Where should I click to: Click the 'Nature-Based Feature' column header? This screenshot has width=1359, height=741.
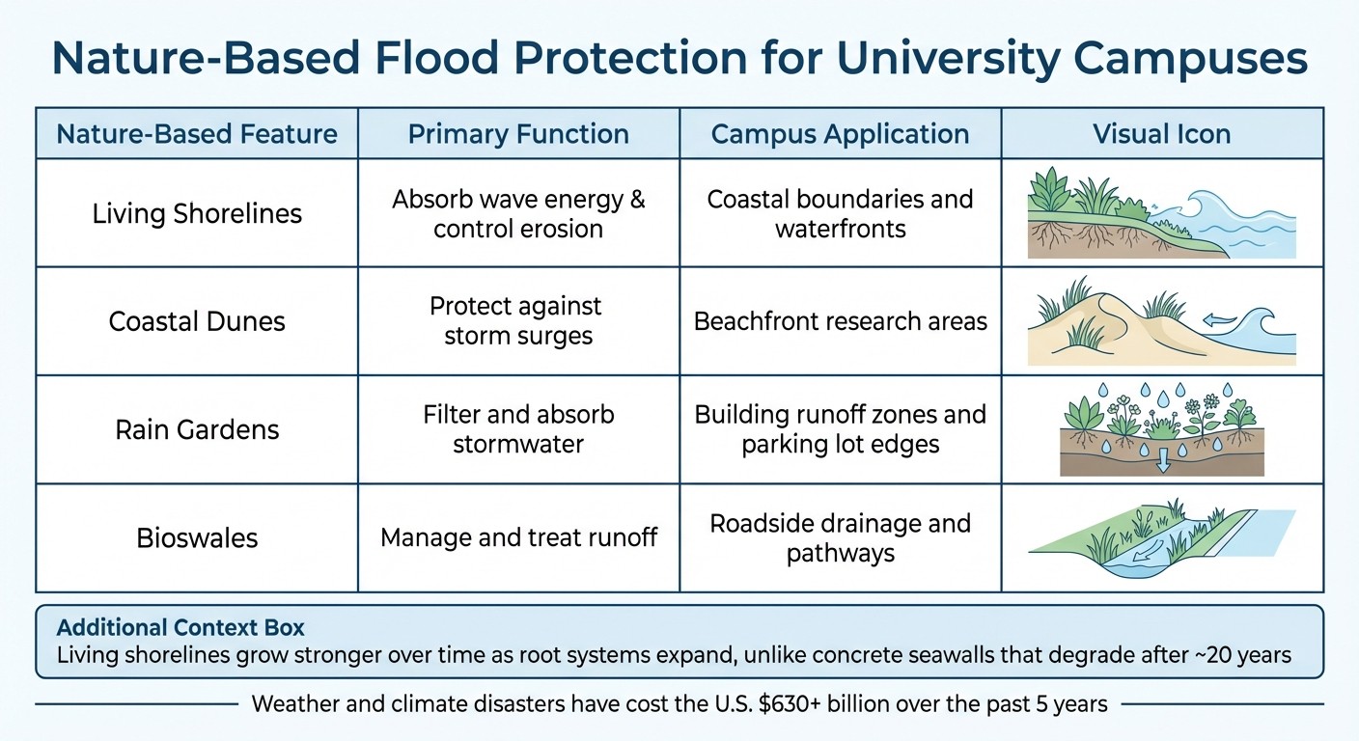(x=197, y=133)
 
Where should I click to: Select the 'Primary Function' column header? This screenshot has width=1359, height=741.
(x=518, y=133)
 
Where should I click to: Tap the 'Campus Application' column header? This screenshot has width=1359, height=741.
(x=840, y=133)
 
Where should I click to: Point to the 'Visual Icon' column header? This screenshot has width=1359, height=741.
(x=1161, y=133)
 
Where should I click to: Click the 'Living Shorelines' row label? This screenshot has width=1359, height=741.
(x=197, y=212)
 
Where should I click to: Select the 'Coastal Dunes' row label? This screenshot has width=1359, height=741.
(x=197, y=320)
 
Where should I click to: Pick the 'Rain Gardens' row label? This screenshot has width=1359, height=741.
(x=197, y=428)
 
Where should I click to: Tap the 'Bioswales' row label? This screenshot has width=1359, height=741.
(x=197, y=536)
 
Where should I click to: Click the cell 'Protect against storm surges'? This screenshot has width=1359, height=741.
(x=518, y=320)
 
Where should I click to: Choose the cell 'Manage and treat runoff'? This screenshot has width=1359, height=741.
(x=518, y=536)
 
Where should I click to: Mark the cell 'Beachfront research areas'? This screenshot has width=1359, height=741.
(x=840, y=320)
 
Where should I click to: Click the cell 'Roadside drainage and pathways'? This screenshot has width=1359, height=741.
(x=840, y=536)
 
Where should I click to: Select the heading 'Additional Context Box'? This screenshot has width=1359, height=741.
(x=180, y=627)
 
